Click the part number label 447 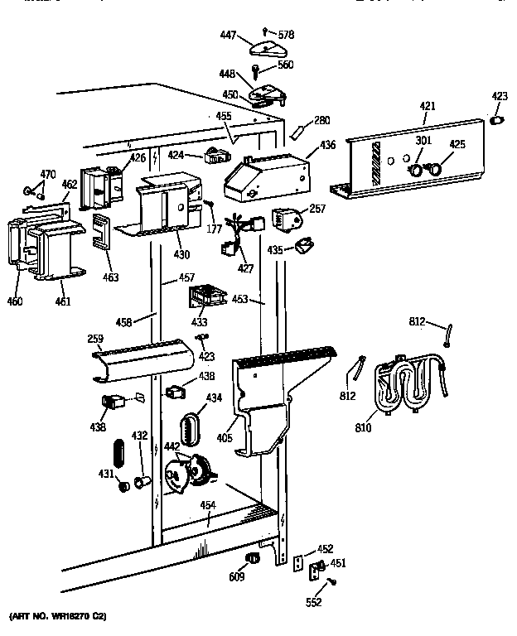click(227, 36)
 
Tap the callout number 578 click(286, 35)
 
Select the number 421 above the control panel click(427, 107)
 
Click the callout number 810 click(364, 428)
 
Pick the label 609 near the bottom click(237, 577)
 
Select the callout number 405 click(225, 431)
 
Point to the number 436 click(327, 146)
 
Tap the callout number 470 click(48, 175)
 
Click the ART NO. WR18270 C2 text click(59, 618)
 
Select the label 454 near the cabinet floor click(209, 506)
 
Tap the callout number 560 click(286, 65)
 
